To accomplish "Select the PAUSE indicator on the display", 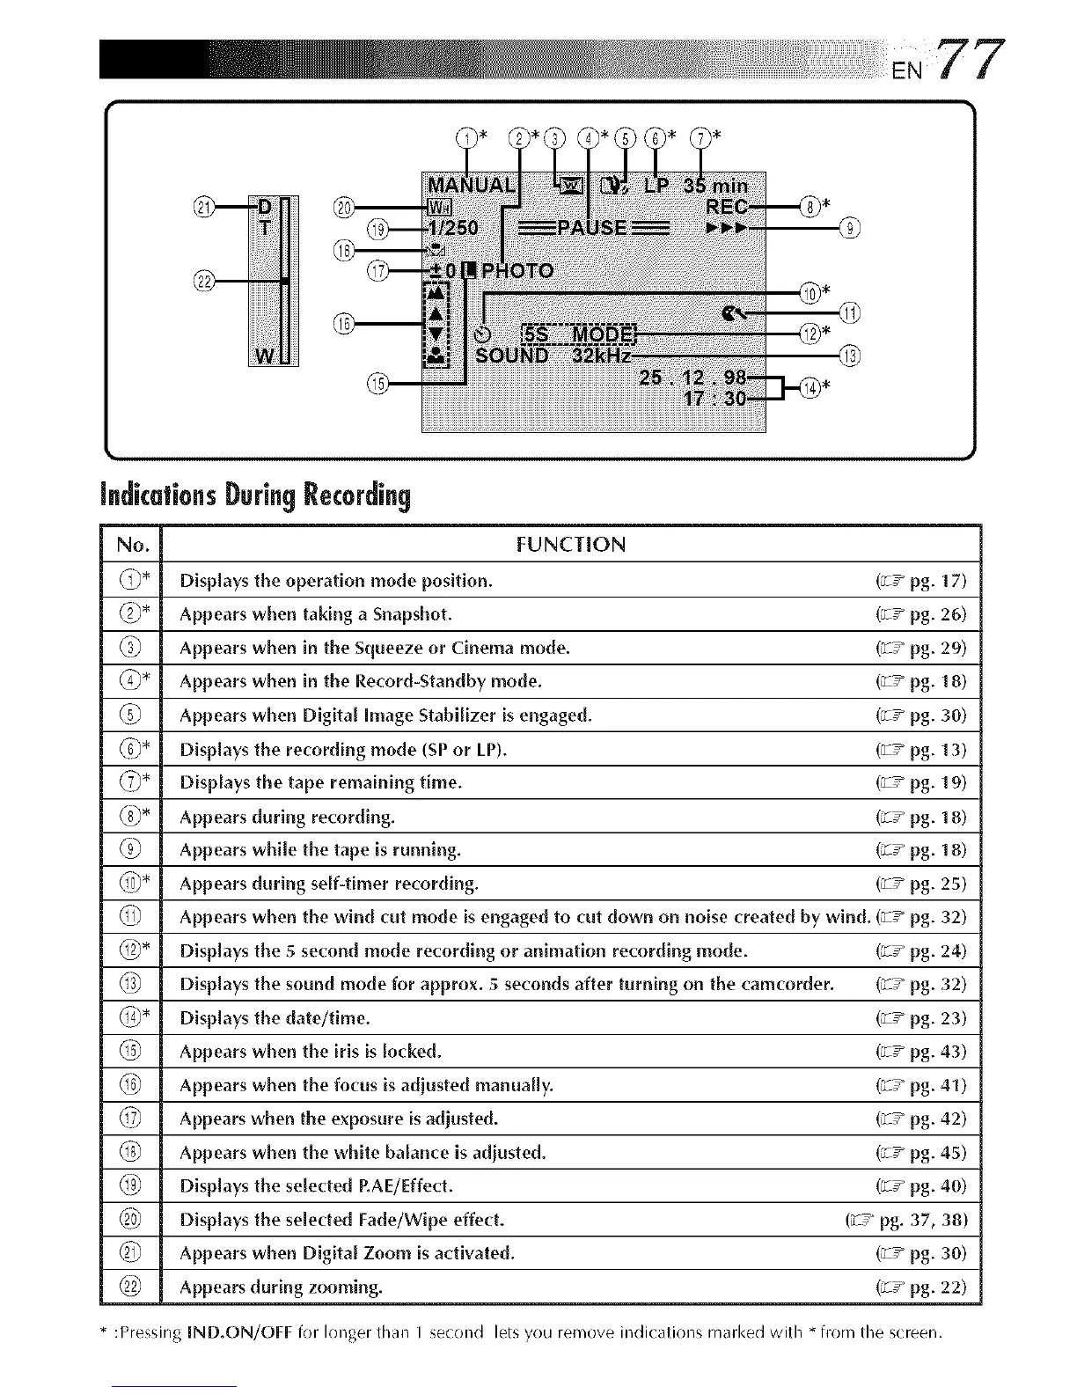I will pos(596,228).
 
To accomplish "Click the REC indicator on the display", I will pos(727,207).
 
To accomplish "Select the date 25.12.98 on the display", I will pos(694,378).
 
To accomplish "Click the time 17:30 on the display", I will pos(714,399).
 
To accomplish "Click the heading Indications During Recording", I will pos(256,496).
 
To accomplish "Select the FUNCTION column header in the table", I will pos(570,545).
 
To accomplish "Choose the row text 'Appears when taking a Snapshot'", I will pos(315,614).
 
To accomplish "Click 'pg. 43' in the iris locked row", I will pos(938,1052).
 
